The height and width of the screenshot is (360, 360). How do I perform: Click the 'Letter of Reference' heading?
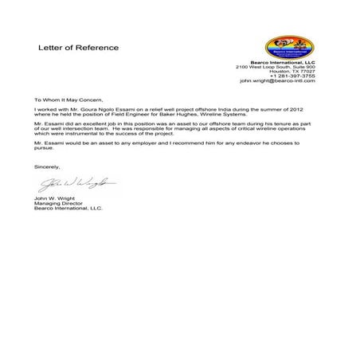click(79, 48)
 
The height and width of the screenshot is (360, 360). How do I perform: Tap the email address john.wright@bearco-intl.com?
click(278, 81)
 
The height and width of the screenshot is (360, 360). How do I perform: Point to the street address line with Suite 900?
click(276, 66)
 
